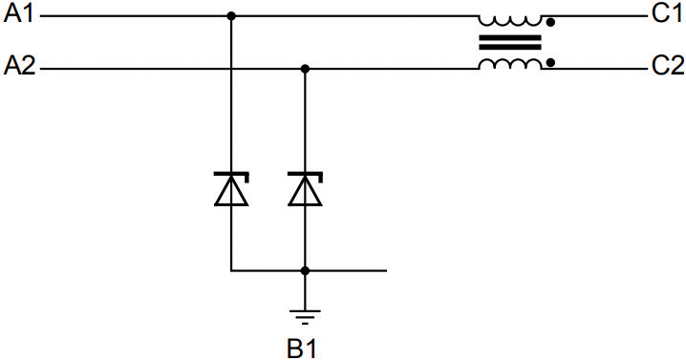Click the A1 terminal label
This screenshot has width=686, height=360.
(19, 15)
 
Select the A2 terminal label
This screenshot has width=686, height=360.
(19, 68)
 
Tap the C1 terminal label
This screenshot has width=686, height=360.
(667, 15)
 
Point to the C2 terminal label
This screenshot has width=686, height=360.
(667, 68)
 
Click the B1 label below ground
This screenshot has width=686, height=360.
(302, 347)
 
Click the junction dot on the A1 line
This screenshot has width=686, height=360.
(230, 16)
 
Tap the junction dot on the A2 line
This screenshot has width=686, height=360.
(305, 69)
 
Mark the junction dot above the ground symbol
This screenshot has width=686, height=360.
(305, 270)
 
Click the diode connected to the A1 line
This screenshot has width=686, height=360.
(230, 189)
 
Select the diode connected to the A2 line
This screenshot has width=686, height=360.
(305, 189)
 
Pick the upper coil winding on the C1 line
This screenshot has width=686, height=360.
(510, 18)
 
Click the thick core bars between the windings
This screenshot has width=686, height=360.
(510, 42)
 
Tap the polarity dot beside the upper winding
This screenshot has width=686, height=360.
(550, 21)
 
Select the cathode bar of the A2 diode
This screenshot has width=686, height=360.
(305, 174)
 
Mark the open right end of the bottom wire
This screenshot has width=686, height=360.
(385, 270)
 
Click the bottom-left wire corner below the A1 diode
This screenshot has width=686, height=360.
(230, 270)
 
